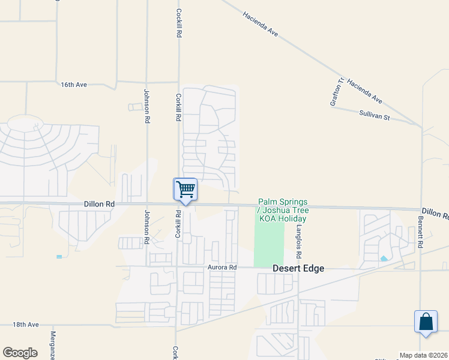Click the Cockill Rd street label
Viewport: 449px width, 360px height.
[x=178, y=23]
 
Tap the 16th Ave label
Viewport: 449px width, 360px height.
[x=74, y=85]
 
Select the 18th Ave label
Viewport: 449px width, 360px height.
[x=25, y=325]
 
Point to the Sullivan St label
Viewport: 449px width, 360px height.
[x=375, y=115]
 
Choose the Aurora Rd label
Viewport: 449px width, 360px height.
[x=223, y=267]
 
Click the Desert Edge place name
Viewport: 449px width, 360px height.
[x=298, y=268]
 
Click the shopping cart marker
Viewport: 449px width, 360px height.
[x=185, y=190]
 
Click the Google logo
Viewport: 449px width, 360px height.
[x=20, y=353]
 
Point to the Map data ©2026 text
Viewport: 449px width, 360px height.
[x=423, y=355]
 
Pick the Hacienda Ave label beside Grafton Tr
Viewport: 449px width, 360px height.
[x=364, y=90]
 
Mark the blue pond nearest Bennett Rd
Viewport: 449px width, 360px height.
[x=383, y=259]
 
